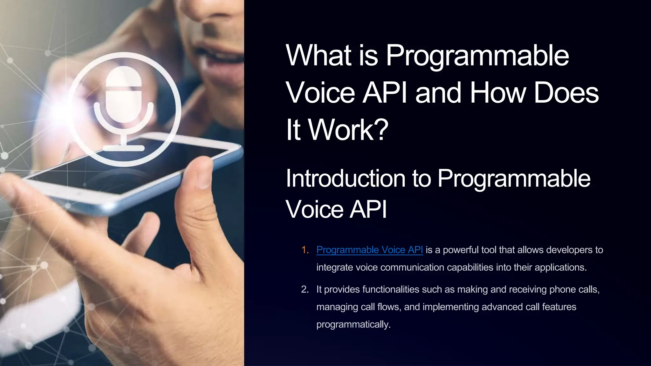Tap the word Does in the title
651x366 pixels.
click(566, 93)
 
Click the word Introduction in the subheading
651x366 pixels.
click(345, 179)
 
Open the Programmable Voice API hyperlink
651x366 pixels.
click(369, 250)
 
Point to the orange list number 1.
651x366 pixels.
click(305, 250)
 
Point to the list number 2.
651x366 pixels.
click(305, 289)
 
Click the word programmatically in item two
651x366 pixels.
click(353, 324)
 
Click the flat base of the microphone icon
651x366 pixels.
click(124, 148)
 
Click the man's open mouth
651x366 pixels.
click(223, 59)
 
